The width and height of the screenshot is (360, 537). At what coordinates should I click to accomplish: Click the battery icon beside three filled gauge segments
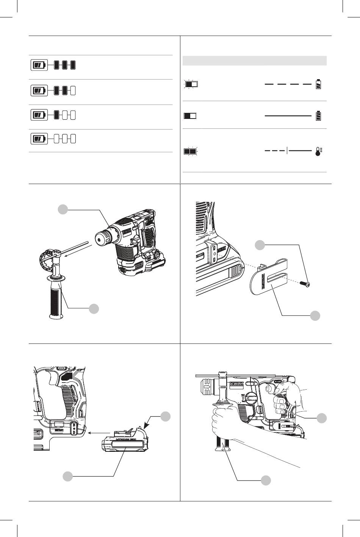39,66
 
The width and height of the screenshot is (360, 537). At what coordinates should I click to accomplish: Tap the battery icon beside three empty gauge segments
39,139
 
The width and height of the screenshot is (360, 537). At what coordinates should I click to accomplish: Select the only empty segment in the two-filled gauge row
73,91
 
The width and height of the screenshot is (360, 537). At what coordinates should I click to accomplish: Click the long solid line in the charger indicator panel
288,115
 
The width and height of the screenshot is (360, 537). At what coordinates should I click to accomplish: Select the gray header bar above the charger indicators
254,61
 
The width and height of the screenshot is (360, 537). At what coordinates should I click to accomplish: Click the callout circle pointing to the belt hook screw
260,245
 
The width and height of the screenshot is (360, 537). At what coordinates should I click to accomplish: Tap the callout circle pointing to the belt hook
315,315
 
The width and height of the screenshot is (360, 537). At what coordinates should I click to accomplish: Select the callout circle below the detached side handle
94,309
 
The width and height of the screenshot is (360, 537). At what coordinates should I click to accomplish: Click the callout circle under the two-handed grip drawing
266,480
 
